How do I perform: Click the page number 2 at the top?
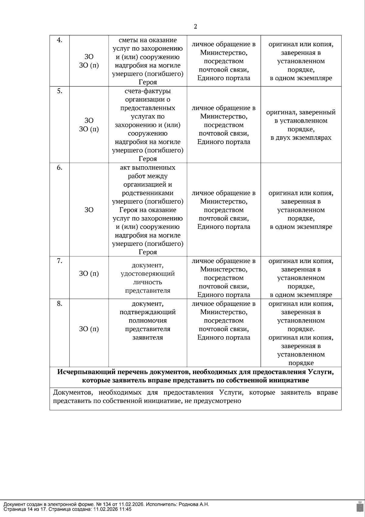click(195, 26)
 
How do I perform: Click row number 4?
click(60, 40)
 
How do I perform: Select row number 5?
click(60, 91)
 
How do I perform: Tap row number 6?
click(60, 167)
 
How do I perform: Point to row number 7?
click(60, 261)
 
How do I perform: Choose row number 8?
click(60, 304)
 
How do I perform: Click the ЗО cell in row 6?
click(89, 210)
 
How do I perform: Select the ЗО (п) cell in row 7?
click(89, 273)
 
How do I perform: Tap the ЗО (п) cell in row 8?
click(89, 329)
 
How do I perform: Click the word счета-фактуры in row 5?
click(148, 91)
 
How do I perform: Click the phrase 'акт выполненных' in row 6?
click(148, 167)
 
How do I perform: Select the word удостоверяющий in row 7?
click(148, 273)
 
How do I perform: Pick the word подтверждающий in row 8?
click(148, 312)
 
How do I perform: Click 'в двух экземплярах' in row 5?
click(301, 138)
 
